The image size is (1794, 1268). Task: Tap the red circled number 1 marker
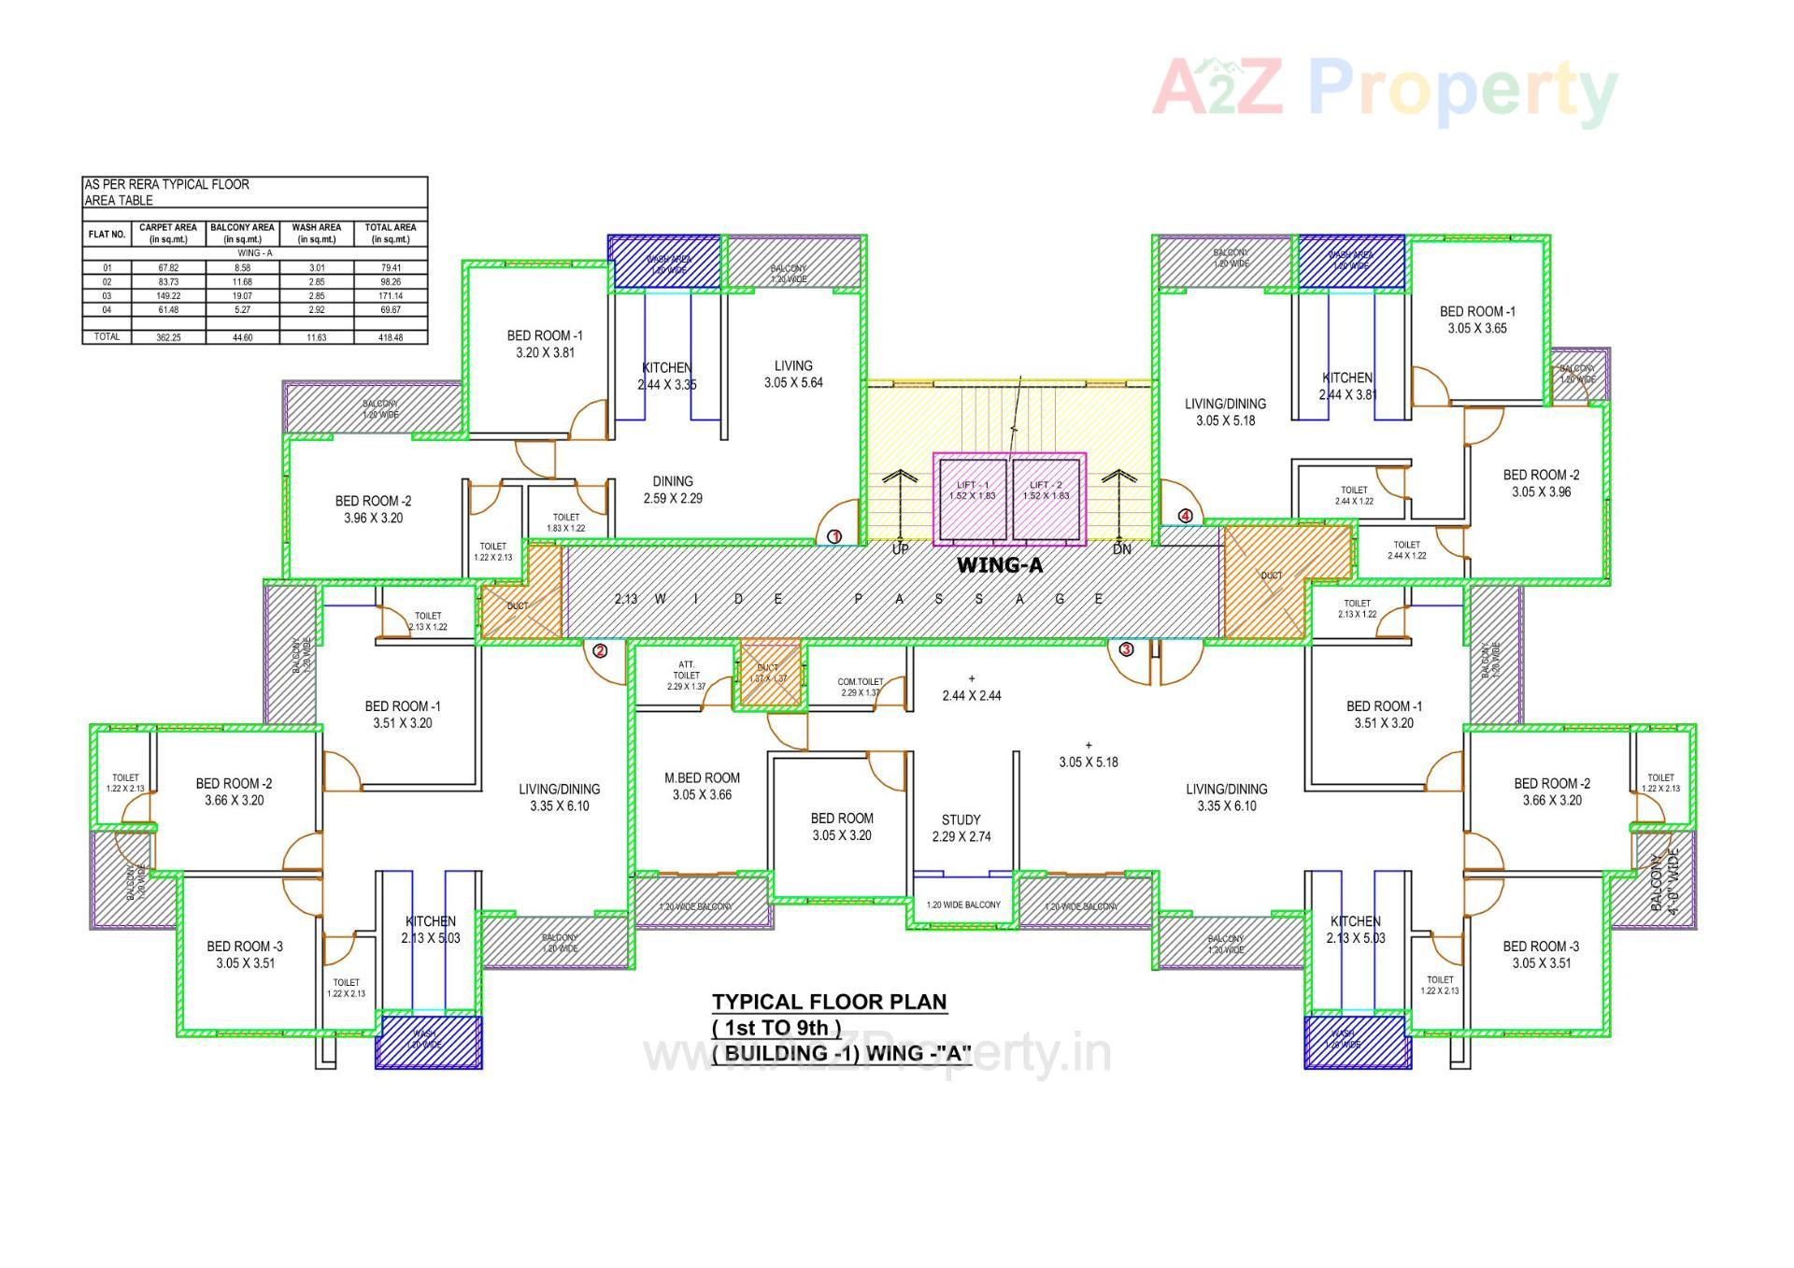834,536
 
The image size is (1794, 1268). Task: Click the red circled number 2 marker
600,650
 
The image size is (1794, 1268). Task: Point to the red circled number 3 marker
1126,648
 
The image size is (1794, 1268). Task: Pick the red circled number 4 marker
1185,516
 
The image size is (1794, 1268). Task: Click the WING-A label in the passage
999,565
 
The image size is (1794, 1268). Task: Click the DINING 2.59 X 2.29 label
673,490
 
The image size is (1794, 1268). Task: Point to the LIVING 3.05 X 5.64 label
793,374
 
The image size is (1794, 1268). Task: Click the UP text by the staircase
900,549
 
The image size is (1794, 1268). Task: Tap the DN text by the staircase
1121,549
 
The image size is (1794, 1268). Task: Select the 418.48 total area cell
391,337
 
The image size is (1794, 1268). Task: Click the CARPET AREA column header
168,233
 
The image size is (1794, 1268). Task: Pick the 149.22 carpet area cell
168,295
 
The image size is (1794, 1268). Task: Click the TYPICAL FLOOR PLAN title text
829,1002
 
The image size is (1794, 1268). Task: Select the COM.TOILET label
860,687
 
